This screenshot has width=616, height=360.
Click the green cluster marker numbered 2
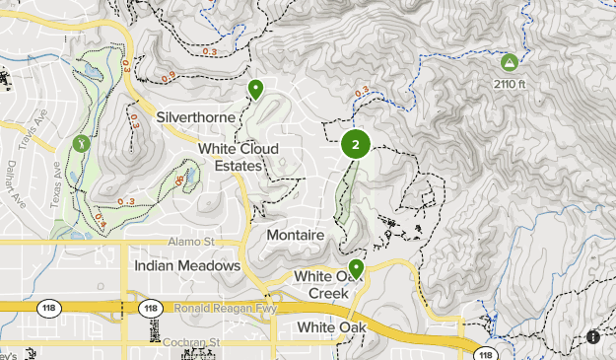[x=355, y=145]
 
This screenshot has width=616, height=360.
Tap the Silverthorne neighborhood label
[x=195, y=117]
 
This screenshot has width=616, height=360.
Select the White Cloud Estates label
[x=238, y=157]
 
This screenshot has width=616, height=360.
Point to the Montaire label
[x=295, y=236]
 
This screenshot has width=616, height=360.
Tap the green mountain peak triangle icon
[x=509, y=62]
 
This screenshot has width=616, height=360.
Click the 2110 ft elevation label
[x=510, y=84]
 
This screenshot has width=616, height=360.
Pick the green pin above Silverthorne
[x=256, y=90]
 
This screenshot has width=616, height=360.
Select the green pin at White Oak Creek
[x=356, y=267]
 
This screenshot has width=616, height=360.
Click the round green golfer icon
[x=81, y=142]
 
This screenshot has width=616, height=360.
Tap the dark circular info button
[x=593, y=336]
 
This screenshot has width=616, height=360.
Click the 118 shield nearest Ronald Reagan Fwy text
[x=150, y=308]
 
